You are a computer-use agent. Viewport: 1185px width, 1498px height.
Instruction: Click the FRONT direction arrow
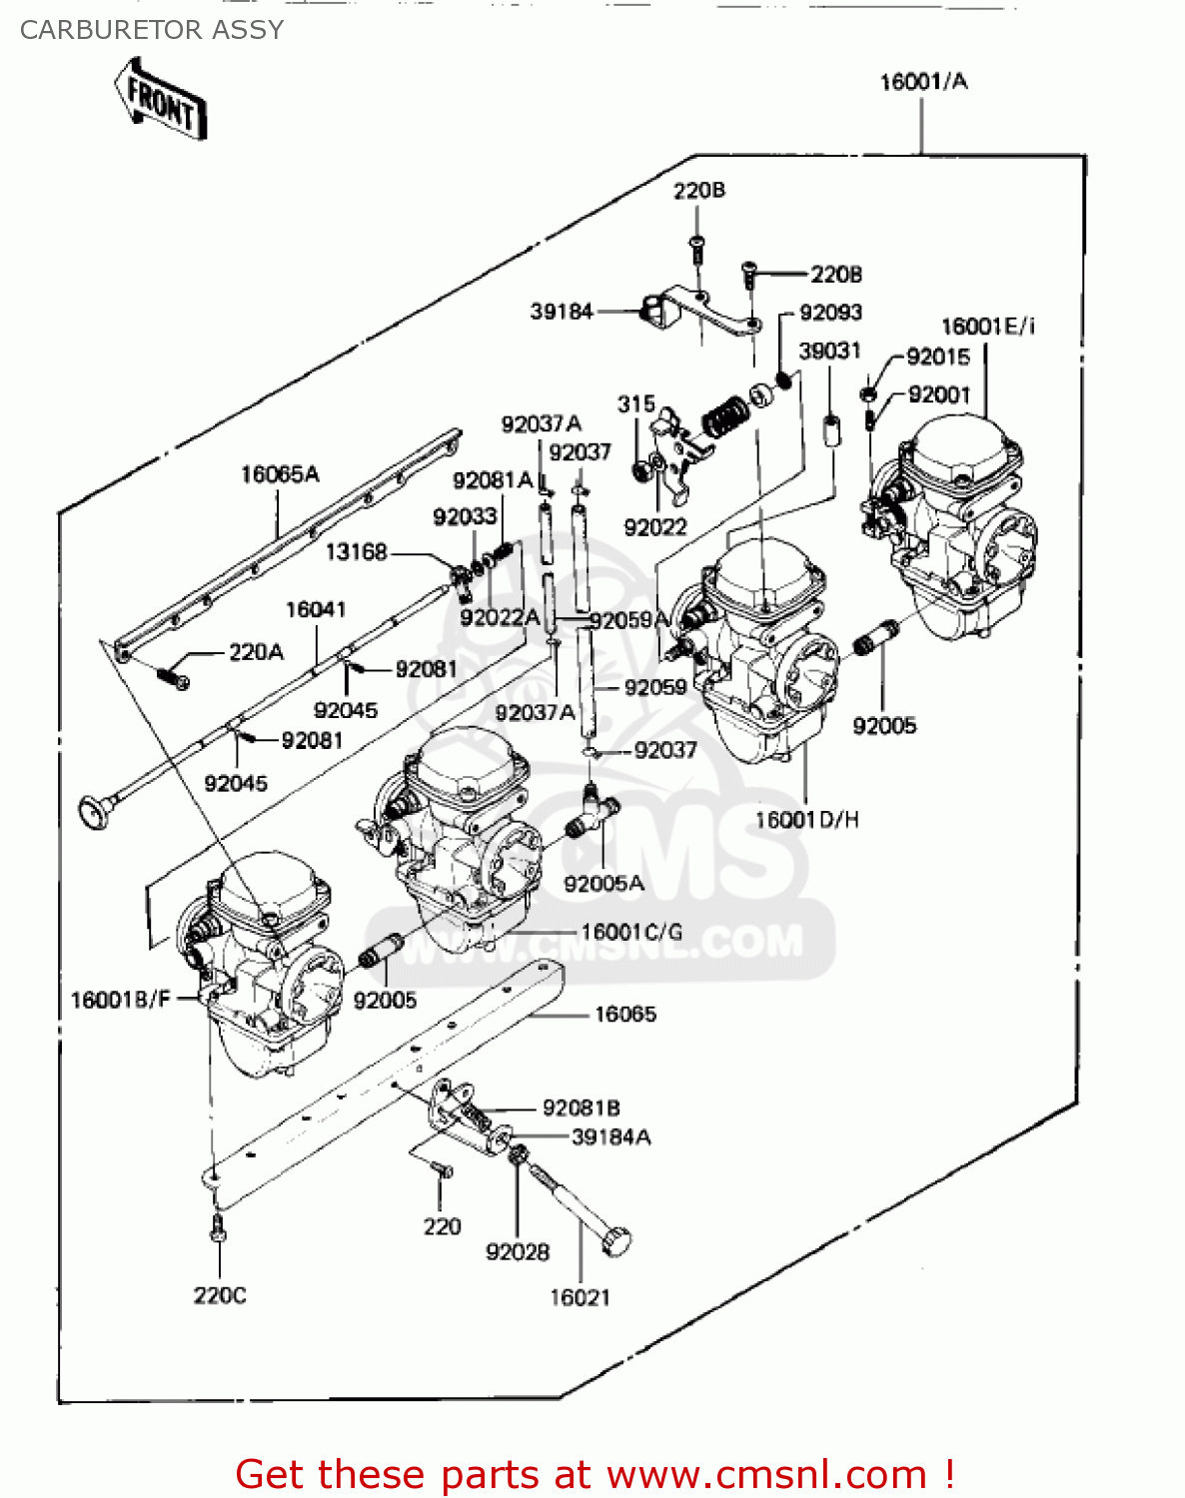pos(160,100)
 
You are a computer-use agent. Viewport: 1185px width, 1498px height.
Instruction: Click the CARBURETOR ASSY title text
pos(152,30)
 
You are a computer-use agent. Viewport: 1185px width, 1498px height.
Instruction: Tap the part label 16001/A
pos(923,82)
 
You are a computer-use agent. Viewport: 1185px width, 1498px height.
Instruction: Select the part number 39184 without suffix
pos(562,312)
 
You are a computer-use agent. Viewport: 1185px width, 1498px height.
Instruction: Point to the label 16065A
pos(280,474)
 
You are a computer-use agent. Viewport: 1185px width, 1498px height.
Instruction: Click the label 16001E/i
pos(987,327)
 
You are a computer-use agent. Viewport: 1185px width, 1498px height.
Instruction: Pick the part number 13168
pos(356,551)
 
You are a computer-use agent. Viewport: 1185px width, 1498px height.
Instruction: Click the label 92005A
pos(603,883)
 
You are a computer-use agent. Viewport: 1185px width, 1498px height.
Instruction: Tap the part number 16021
pos(580,1296)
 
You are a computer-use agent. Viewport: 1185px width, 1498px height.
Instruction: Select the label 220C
pos(220,1295)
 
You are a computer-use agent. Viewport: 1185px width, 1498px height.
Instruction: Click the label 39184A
pos(610,1136)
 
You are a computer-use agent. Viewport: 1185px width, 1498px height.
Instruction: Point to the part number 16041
pos(316,609)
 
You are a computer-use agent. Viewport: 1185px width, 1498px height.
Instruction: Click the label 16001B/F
pos(121,1000)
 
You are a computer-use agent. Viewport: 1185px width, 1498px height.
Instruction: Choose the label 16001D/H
pos(806,820)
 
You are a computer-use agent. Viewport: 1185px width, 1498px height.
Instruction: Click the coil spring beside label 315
pos(725,414)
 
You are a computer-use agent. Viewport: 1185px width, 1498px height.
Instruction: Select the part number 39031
pos(829,351)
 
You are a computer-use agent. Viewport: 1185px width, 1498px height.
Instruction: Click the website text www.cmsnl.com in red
pos(767,1474)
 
